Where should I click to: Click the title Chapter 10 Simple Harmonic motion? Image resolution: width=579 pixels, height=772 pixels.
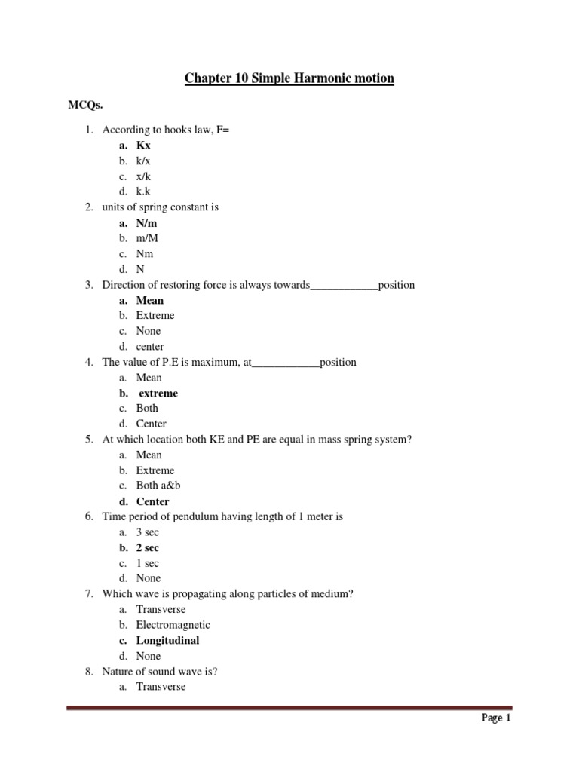coord(289,78)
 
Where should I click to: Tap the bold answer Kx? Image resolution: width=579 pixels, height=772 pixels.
coord(143,146)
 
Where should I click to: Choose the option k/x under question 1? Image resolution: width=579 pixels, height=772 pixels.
coord(144,161)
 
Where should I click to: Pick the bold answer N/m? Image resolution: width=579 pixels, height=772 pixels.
coord(147,222)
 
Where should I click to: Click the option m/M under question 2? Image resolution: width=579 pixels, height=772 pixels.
coord(148,238)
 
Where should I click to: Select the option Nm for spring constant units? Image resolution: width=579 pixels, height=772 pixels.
coord(145,253)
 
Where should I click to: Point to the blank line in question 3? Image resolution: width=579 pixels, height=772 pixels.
coord(344,286)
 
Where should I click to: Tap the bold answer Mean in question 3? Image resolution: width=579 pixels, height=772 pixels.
coord(150,300)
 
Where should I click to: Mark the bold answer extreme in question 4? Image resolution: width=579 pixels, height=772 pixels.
coord(158,393)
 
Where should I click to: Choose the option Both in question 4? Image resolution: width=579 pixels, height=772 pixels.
coord(147,408)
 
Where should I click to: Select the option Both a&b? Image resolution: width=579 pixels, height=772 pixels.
coord(158,486)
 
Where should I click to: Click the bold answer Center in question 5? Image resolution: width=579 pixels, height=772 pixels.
coord(153,501)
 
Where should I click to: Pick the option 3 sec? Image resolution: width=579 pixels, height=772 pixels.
coord(148,532)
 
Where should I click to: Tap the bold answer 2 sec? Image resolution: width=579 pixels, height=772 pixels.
coord(148,547)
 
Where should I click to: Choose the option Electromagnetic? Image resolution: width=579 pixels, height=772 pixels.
coord(173,625)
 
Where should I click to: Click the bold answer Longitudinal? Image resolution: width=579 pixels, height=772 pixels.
coord(168,640)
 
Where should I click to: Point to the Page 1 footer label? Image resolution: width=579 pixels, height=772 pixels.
coord(497,718)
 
